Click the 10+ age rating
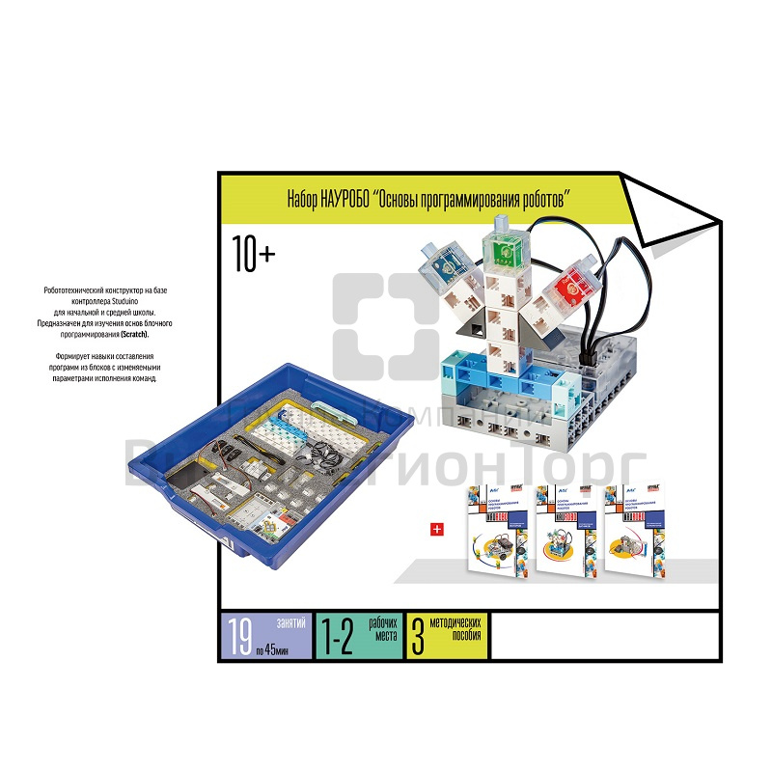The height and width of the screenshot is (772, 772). pyautogui.click(x=254, y=255)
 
